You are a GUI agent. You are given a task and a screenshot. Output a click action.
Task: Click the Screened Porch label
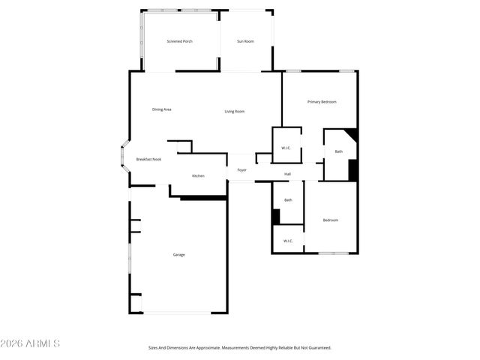point(179,41)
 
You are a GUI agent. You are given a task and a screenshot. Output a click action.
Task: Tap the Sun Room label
point(245,41)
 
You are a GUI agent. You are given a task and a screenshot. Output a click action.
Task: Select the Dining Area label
point(162,109)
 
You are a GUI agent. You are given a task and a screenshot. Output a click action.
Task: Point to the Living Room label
point(235,112)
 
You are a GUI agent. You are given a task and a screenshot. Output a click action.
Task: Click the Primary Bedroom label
point(322,101)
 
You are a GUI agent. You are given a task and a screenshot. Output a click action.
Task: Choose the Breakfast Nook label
point(148,159)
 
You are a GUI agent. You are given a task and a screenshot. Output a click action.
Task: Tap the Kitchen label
point(198,175)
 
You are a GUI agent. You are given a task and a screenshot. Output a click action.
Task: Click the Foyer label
point(242,170)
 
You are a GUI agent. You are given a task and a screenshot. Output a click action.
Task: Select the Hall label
point(287,174)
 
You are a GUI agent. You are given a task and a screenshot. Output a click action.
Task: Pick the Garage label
point(179,254)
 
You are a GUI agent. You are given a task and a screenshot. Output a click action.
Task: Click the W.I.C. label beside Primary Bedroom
point(286,148)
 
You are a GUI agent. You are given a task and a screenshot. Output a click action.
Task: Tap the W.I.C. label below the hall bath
point(288,240)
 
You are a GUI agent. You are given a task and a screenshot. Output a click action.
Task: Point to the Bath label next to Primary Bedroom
point(339,151)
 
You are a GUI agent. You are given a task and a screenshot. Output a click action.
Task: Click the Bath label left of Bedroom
point(288,199)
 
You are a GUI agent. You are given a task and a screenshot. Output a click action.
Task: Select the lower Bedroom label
point(330,220)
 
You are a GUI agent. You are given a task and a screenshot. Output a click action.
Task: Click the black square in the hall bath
point(276,216)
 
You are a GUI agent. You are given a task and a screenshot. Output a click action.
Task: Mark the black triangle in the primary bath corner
point(352,135)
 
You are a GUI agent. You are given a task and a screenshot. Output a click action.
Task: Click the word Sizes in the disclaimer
point(153,348)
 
